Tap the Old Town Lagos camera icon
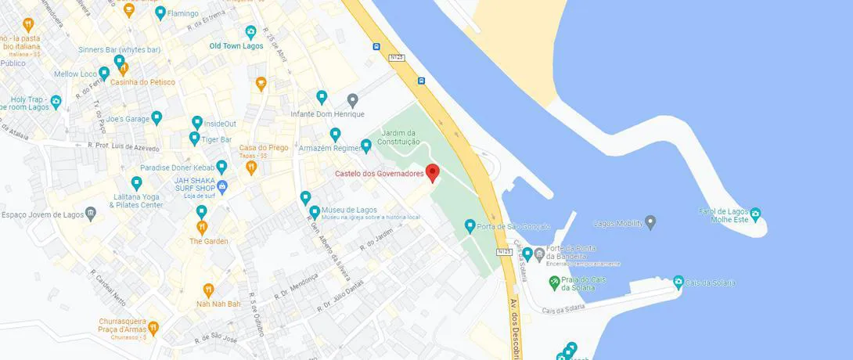point(251,32)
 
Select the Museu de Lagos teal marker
point(315,211)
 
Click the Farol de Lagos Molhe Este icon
point(755,213)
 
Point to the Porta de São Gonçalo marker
point(470,226)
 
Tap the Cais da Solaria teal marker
point(678,282)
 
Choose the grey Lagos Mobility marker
point(650,223)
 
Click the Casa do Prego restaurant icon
point(251,166)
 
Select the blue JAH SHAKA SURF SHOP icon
point(222,186)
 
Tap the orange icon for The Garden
point(202,227)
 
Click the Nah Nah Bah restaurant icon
point(208,290)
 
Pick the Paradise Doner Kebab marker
point(221,167)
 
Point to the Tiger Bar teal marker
point(195,139)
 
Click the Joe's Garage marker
point(157,118)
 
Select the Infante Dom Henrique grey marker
point(352,99)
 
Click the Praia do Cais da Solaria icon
point(555,281)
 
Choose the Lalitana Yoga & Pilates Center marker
point(137,183)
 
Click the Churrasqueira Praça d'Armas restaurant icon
point(153,327)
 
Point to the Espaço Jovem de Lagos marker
point(92,213)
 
